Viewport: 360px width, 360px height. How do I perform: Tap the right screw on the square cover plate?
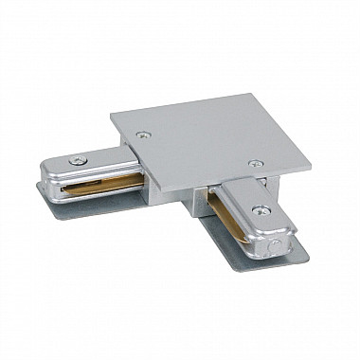(x=254, y=163)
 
